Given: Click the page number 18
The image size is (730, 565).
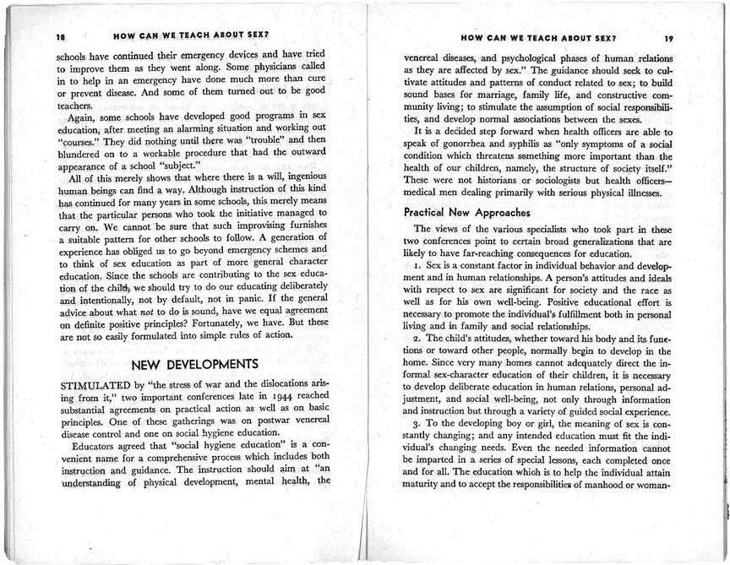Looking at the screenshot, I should pyautogui.click(x=60, y=38).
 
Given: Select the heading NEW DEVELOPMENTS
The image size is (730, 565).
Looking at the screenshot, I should pyautogui.click(x=195, y=365).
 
